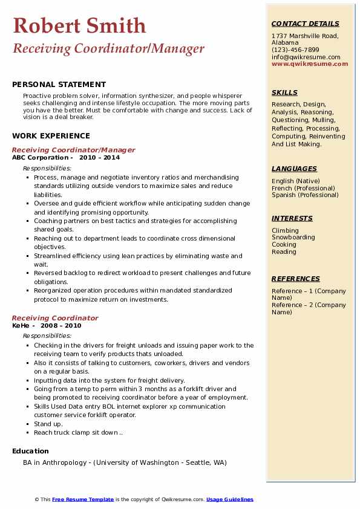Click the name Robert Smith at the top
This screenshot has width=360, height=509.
pos(79,26)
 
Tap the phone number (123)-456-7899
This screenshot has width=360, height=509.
pos(295,50)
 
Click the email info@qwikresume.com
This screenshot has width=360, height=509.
pos(306,57)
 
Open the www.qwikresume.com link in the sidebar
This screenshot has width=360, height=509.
pos(310,64)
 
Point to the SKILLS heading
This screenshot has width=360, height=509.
pos(284,92)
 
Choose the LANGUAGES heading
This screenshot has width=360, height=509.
pos(294,169)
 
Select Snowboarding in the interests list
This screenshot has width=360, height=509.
pos(293,238)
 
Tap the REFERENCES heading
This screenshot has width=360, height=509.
pos(296,279)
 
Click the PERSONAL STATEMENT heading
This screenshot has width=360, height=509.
pos(59,85)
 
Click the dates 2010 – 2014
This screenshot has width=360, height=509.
pos(99,158)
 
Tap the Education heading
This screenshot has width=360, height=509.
pos(30,451)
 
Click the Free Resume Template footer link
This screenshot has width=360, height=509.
pos(83,499)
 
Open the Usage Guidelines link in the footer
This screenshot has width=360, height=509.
pos(230,499)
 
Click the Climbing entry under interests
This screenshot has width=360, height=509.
pos(285,230)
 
